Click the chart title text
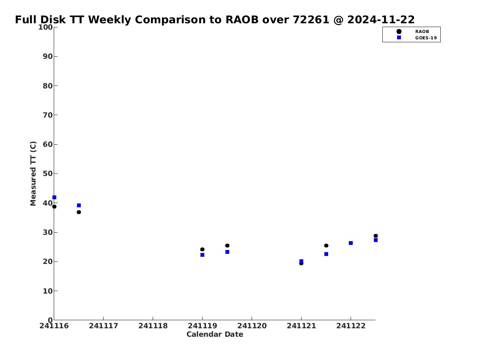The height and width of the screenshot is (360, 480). pos(214,19)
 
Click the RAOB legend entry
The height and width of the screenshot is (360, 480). pos(413,32)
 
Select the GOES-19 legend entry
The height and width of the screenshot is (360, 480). pos(417,38)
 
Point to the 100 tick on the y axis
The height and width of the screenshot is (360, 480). pos(45,27)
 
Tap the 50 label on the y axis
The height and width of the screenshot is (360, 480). pos(48,173)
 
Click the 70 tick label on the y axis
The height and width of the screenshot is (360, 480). pos(48,115)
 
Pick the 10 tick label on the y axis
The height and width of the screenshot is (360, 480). pos(48,291)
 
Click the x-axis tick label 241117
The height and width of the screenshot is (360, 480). pos(104,326)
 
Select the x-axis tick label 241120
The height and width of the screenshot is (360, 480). pos(252,326)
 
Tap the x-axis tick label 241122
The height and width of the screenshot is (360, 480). pos(351,326)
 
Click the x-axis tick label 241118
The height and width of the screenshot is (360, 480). pos(153,326)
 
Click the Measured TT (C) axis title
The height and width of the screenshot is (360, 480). pos(33,173)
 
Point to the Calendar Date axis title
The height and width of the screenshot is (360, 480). pos(215,334)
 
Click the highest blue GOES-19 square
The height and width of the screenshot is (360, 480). pos(54,198)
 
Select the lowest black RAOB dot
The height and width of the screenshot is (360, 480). pos(301,263)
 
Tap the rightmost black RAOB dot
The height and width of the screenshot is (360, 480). pos(376,236)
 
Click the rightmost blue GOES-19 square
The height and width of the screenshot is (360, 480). pos(376,240)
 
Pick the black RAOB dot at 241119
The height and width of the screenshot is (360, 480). pos(202,250)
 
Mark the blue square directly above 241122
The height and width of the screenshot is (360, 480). pos(351,243)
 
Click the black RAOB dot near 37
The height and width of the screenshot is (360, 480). pos(79,212)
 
